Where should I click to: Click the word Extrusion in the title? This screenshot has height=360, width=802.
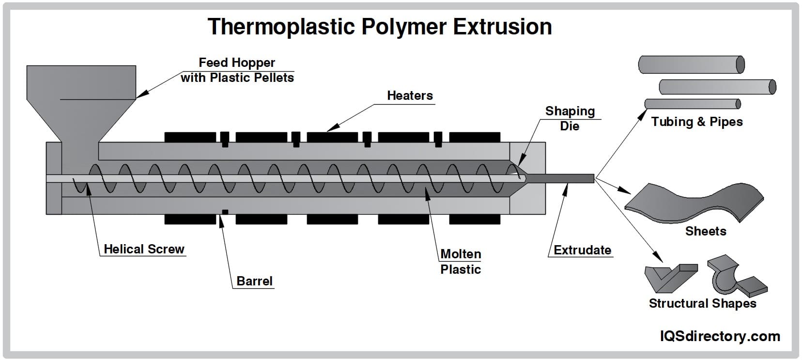pyautogui.click(x=502, y=27)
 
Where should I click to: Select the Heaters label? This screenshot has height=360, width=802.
pyautogui.click(x=410, y=95)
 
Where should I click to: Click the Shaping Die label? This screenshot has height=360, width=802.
pyautogui.click(x=570, y=118)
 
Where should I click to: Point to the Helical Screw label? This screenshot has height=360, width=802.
pyautogui.click(x=144, y=249)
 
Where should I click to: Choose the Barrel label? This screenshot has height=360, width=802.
pyautogui.click(x=254, y=281)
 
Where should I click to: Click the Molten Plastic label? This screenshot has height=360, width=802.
pyautogui.click(x=461, y=262)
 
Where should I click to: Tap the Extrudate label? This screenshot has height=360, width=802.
pyautogui.click(x=582, y=250)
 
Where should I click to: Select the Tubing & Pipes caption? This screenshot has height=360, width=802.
pyautogui.click(x=696, y=122)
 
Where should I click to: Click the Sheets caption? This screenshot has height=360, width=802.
pyautogui.click(x=705, y=231)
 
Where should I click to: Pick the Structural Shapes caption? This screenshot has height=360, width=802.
pyautogui.click(x=702, y=303)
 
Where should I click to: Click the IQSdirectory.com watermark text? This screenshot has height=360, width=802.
pyautogui.click(x=720, y=336)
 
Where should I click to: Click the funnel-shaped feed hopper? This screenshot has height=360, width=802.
pyautogui.click(x=81, y=97)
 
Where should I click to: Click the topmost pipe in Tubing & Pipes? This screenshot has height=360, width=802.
pyautogui.click(x=691, y=64)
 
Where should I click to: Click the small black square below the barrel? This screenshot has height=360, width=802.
pyautogui.click(x=225, y=212)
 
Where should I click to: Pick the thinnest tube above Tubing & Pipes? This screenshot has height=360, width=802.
pyautogui.click(x=692, y=104)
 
